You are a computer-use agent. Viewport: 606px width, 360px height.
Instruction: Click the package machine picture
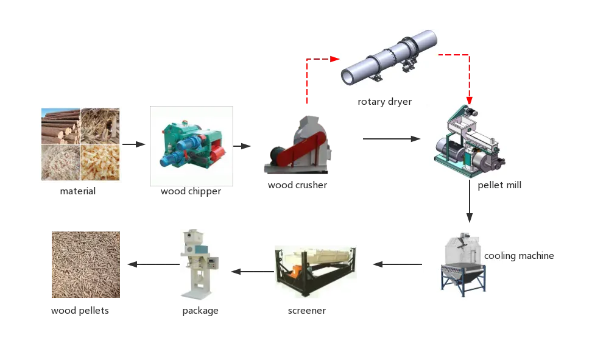tap(199, 265)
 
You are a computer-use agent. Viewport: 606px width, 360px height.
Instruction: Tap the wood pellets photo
tap(85, 265)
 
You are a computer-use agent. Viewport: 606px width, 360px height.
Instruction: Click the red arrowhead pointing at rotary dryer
tap(334, 59)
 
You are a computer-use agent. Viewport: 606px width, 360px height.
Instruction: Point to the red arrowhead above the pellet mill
tap(468, 99)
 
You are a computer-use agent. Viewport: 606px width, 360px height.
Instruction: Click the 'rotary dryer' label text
tap(384, 101)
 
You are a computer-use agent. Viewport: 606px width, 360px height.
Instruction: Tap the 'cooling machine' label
tap(519, 256)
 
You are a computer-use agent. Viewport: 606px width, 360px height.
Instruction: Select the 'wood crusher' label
tap(297, 185)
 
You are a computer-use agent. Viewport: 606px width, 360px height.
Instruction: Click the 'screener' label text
tap(306, 311)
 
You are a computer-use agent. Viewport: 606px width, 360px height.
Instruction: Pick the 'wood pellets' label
tap(81, 311)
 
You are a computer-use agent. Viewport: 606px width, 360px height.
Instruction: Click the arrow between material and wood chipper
tap(134, 145)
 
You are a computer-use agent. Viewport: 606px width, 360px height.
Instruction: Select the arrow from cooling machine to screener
tap(396, 264)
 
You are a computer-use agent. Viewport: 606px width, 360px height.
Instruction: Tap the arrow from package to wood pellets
tap(152, 264)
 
